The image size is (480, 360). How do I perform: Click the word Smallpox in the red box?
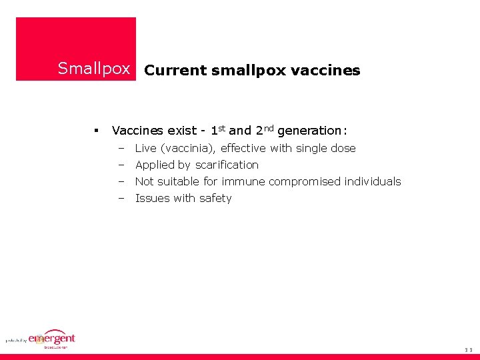(93, 69)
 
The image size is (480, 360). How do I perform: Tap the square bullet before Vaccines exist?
(97, 131)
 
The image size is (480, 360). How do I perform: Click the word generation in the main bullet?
(309, 131)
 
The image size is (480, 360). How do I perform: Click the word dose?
(343, 148)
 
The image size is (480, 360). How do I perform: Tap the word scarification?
(227, 165)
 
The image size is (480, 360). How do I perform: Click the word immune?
(244, 181)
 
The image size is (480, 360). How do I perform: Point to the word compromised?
(305, 181)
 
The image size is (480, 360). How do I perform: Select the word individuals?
(373, 181)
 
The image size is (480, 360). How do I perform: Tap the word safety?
(215, 198)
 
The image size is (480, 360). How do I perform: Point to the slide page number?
(467, 349)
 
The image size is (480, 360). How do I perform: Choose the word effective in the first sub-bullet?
(243, 148)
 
